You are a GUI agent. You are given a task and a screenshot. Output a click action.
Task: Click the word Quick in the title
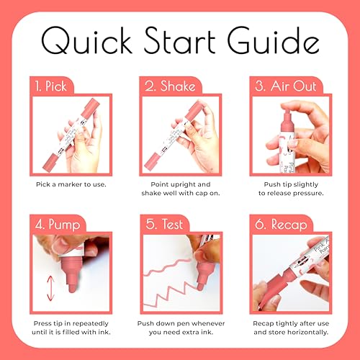87,40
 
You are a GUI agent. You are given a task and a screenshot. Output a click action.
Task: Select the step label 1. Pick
50,86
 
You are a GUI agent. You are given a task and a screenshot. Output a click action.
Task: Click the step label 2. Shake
170,86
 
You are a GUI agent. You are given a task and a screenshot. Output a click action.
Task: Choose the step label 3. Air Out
286,86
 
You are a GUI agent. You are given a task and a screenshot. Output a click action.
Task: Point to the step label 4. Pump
58,225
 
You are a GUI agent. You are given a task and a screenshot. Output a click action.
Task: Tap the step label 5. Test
164,224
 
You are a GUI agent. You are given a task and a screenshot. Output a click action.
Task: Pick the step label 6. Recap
281,225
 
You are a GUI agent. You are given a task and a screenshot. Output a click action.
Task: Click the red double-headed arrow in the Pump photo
50,289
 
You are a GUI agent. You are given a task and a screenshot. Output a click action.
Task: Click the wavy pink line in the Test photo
168,266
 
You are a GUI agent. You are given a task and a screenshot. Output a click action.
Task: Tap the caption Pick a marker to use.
71,184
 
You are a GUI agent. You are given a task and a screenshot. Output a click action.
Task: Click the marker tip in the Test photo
199,287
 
